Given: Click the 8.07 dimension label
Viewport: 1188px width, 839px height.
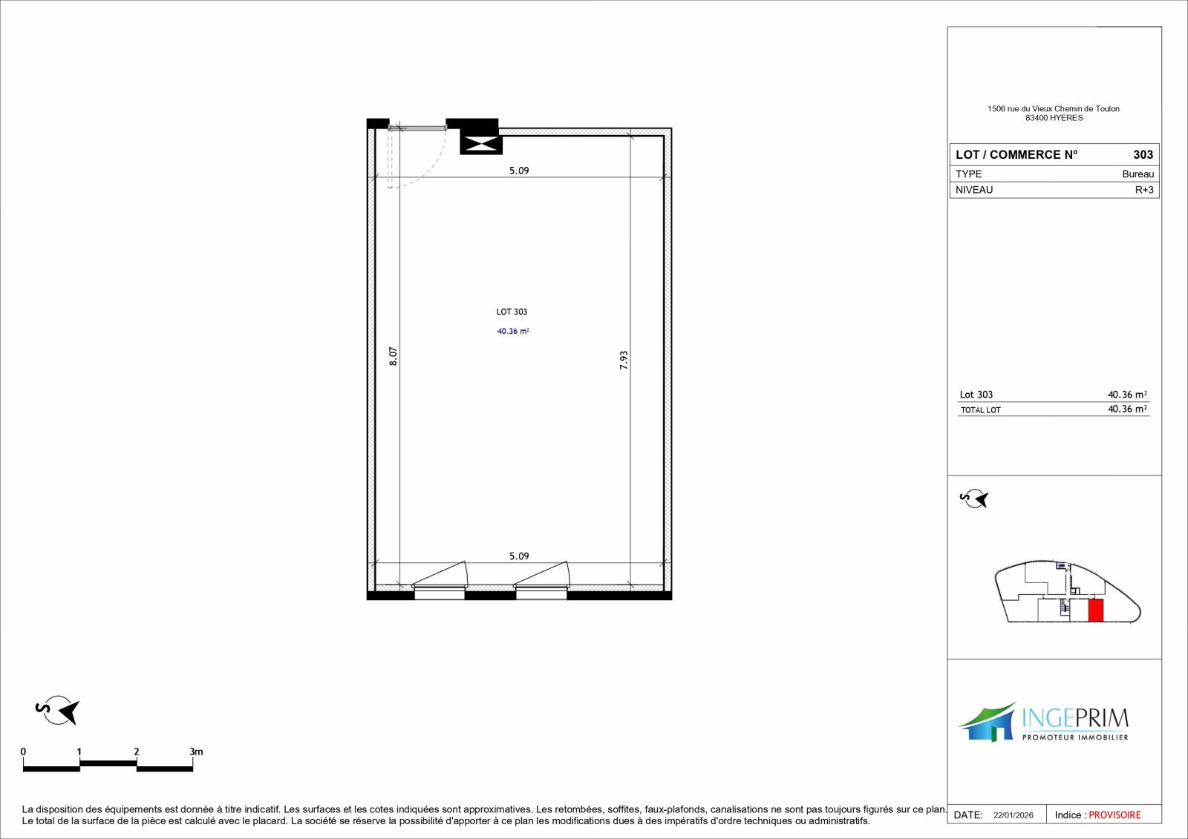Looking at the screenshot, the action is point(393,356).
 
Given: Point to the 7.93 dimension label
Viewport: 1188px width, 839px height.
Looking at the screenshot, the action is point(624,360).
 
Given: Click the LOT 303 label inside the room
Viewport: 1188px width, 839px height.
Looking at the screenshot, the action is point(512,312).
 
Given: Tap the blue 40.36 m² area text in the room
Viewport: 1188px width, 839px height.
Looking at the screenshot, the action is point(513,332).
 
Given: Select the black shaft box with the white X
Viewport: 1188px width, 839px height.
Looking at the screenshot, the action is point(481,143).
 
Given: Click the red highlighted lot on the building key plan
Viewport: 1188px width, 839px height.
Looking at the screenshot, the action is point(1096,610).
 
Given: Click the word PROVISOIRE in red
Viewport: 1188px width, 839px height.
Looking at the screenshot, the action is point(1114,815).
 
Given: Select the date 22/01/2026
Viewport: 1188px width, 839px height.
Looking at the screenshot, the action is point(1014,816).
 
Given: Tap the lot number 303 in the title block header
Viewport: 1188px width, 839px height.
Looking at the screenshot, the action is point(1143,155).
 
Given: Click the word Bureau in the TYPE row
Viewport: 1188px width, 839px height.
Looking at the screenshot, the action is point(1138,174).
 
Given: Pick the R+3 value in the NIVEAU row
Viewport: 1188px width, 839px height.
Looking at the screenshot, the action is point(1144,190).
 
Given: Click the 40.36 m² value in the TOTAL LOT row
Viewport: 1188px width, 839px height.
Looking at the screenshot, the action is point(1128,409).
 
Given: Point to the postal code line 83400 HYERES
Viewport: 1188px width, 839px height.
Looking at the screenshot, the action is point(1054,118).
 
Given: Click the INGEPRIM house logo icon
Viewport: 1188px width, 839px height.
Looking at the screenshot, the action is point(987,722).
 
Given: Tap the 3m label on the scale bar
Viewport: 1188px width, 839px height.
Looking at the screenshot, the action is point(196,751).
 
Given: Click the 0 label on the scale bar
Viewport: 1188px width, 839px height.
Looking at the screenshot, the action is point(23,751).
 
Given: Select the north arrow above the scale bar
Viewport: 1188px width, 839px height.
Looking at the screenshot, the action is point(58,710).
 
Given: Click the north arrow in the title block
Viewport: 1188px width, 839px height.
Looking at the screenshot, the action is point(974,499).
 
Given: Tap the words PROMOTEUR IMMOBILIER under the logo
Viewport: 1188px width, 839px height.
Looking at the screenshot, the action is point(1075,737).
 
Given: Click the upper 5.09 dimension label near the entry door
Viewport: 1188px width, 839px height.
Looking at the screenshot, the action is point(519,171).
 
